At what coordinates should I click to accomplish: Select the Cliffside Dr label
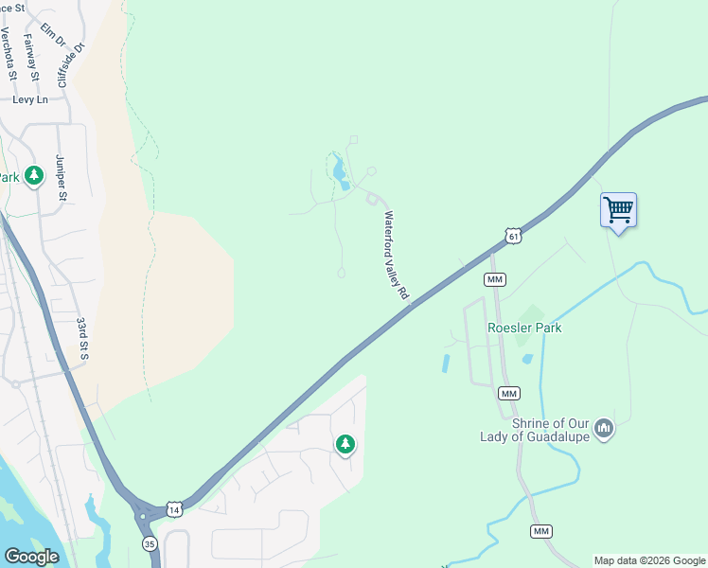(71, 62)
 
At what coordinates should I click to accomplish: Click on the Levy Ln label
(29, 99)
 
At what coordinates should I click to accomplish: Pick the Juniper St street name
(62, 177)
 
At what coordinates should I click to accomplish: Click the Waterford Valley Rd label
(395, 256)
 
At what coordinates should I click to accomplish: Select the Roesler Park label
(524, 328)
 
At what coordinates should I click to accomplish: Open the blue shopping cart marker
(618, 209)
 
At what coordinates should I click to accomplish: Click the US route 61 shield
(512, 236)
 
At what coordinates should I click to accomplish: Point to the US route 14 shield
(173, 509)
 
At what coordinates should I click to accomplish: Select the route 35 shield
(150, 543)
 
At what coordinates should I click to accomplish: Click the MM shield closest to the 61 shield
(494, 279)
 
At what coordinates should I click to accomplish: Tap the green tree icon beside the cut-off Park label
(35, 176)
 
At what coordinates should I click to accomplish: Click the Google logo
(31, 557)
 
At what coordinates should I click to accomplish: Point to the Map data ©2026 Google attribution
(650, 560)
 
